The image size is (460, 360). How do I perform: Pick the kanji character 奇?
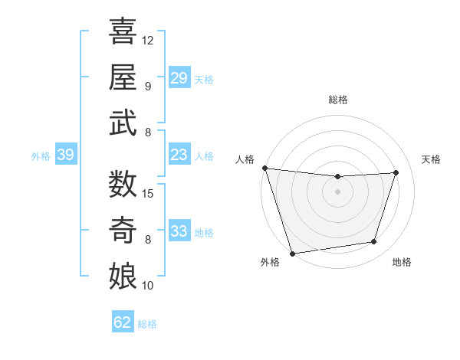click(123, 230)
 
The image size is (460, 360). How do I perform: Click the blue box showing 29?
click(179, 78)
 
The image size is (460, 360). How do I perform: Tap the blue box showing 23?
click(179, 155)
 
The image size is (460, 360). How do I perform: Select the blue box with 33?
click(179, 232)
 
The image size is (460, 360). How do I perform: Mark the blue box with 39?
click(66, 155)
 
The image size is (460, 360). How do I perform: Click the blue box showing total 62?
click(123, 322)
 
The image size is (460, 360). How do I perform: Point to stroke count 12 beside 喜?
click(148, 40)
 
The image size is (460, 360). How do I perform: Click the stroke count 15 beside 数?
click(148, 193)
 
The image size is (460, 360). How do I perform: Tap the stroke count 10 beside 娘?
click(148, 286)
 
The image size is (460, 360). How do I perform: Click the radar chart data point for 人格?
click(264, 168)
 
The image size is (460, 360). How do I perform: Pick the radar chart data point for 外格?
click(292, 253)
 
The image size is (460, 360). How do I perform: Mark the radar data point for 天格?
click(396, 172)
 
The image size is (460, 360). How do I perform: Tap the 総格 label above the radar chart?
click(337, 100)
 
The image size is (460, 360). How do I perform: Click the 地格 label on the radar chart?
click(402, 262)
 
